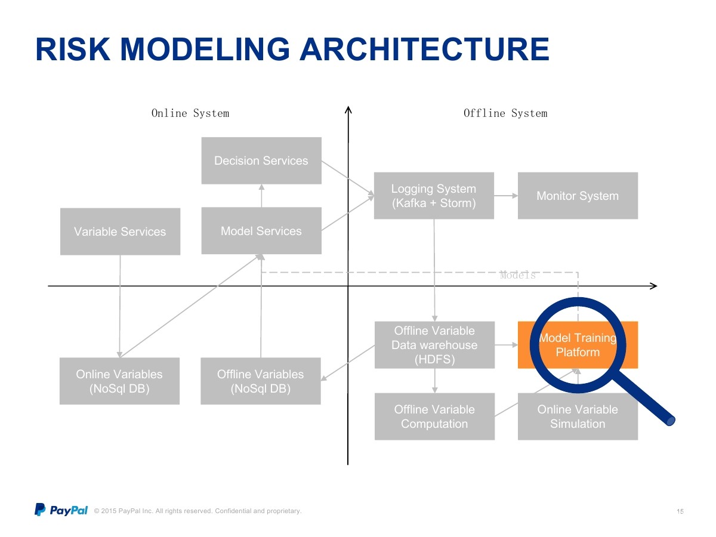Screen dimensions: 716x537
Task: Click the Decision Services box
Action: coord(261,161)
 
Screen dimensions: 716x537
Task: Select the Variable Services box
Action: coord(120,232)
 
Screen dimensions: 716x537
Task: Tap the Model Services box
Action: coord(261,231)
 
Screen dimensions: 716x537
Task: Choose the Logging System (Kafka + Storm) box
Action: coord(434,196)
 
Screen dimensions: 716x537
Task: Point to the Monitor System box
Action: coord(578,196)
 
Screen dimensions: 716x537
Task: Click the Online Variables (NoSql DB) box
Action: coord(119,381)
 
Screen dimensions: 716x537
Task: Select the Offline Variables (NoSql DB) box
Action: coord(261,381)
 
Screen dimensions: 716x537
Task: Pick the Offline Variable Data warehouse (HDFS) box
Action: coord(434,345)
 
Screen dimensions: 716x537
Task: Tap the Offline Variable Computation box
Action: coord(434,416)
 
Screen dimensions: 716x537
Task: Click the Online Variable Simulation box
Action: coord(578,416)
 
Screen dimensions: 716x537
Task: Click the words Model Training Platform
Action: coord(578,345)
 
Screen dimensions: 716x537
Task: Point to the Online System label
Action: coord(190,113)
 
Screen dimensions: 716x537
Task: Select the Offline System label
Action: coord(505,113)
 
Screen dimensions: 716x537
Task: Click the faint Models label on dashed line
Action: coord(518,275)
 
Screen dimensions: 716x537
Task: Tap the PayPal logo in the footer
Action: coord(61,510)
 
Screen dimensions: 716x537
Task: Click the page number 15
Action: coord(680,511)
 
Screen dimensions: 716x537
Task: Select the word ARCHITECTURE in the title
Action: coord(424,49)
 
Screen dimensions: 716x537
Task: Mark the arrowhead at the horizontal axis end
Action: coord(654,286)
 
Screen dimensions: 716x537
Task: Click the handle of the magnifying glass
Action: coord(643,398)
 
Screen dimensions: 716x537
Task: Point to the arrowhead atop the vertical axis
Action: coord(348,110)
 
